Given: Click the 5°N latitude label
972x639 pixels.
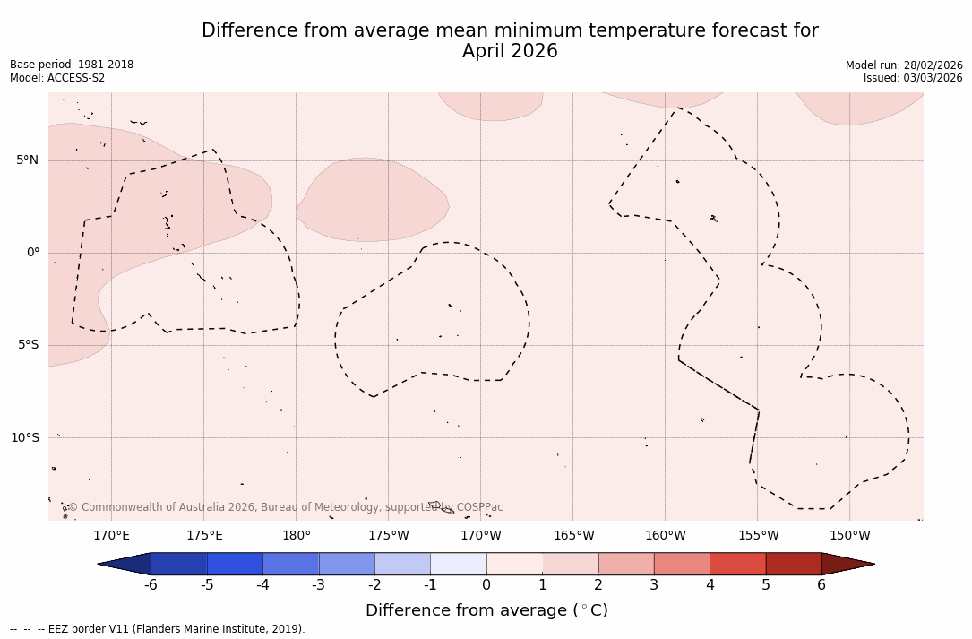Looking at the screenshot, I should [27, 160].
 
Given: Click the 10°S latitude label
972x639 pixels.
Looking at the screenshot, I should [24, 437].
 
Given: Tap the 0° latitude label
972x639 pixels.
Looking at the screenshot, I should [33, 253].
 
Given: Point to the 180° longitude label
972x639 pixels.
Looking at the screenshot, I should [297, 536].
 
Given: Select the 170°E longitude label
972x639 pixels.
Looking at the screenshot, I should [111, 536].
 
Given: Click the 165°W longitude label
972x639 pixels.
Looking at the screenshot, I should [573, 536].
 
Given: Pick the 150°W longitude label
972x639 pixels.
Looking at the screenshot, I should [850, 536].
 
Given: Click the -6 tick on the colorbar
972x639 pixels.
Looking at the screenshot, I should [151, 585].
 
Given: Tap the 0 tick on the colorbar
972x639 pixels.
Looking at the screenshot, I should [486, 585].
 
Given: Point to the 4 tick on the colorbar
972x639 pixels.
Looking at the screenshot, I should [710, 585].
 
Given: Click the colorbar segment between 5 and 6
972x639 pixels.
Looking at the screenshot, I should [794, 564].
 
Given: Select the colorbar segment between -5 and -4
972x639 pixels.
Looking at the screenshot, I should [236, 564].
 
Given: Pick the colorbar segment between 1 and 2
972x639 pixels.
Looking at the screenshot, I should [571, 564].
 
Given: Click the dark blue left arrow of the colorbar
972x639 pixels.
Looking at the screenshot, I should [125, 564].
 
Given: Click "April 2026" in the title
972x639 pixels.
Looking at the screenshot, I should [510, 52].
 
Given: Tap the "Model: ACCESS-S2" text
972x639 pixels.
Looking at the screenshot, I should [57, 78].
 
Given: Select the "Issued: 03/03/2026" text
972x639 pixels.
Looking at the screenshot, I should [913, 78].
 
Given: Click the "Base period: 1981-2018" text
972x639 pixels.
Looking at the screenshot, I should [72, 65].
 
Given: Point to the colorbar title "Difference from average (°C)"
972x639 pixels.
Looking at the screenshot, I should [486, 610].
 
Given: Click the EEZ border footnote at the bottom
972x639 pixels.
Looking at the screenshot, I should [158, 629].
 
